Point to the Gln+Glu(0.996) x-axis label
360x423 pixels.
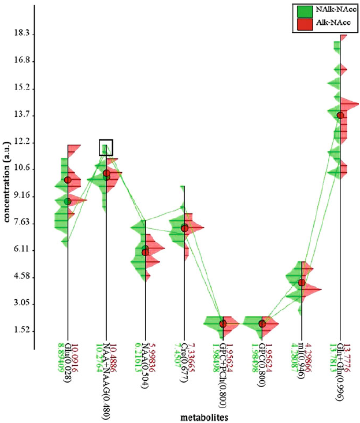coord(340,369)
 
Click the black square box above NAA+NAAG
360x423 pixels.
coord(106,147)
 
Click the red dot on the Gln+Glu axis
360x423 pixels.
coord(340,115)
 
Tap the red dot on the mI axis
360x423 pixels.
coord(301,283)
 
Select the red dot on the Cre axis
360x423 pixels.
coord(184,228)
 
